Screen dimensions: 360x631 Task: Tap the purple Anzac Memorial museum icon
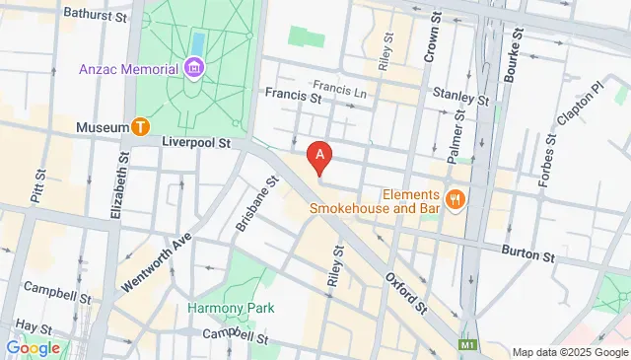point(194,68)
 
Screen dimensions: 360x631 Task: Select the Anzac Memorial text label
point(128,69)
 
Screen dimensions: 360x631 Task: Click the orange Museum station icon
point(141,127)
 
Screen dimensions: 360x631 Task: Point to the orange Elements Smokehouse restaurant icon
point(455,198)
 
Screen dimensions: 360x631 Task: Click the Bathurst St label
point(95,16)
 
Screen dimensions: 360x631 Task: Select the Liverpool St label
point(196,143)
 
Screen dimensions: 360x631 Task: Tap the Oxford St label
point(405,292)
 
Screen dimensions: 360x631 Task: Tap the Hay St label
point(34,325)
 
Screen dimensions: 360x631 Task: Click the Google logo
point(33,347)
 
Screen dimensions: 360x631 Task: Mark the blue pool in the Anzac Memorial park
point(196,43)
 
